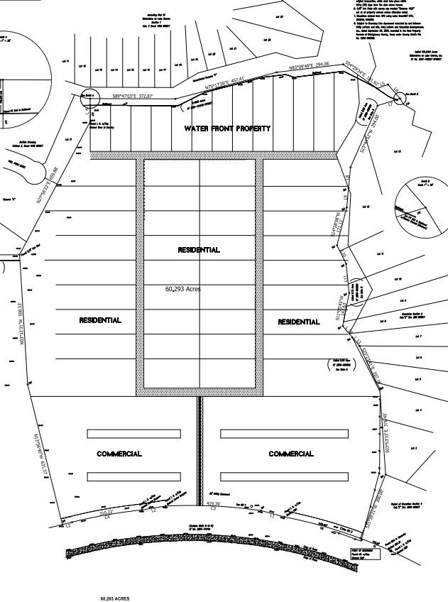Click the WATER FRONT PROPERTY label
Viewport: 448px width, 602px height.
point(227,128)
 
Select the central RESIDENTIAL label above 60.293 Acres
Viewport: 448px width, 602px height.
point(199,250)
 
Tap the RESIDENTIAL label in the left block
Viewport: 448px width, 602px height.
point(100,320)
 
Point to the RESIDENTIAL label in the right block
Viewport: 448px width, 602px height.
point(299,322)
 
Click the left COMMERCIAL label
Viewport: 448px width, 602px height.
point(119,454)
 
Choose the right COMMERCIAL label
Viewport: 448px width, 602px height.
point(291,454)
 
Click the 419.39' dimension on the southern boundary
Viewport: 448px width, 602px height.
point(214,503)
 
